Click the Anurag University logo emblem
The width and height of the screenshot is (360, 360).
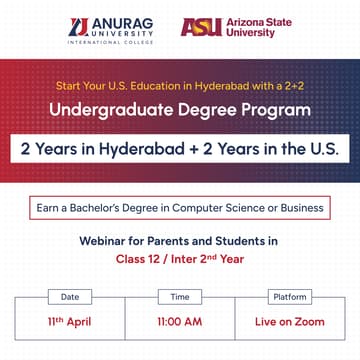pos(80,27)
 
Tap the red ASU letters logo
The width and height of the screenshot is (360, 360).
pos(200,27)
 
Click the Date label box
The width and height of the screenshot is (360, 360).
pos(70,297)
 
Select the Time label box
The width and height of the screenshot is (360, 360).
pos(180,297)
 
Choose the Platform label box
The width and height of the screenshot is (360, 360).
pos(290,297)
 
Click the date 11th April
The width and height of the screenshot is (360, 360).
pos(70,323)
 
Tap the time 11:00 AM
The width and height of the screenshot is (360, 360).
pos(180,323)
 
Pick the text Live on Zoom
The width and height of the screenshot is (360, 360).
pos(290,323)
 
